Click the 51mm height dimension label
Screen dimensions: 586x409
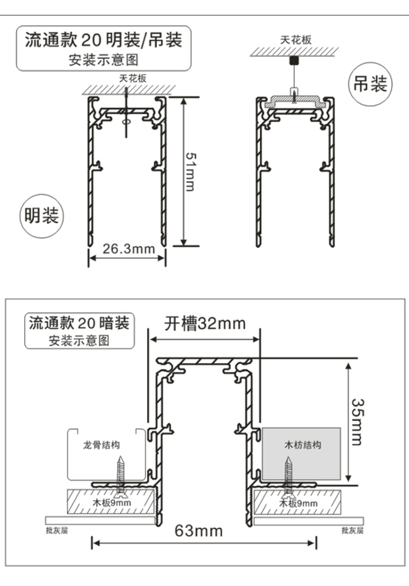(x=190, y=171)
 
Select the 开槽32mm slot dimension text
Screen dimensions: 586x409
(x=205, y=323)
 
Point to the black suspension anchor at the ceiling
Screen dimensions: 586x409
(x=294, y=59)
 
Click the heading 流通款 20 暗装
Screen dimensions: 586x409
(x=79, y=323)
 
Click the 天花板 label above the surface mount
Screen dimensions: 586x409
(x=133, y=78)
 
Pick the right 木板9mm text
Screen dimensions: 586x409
(x=298, y=503)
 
